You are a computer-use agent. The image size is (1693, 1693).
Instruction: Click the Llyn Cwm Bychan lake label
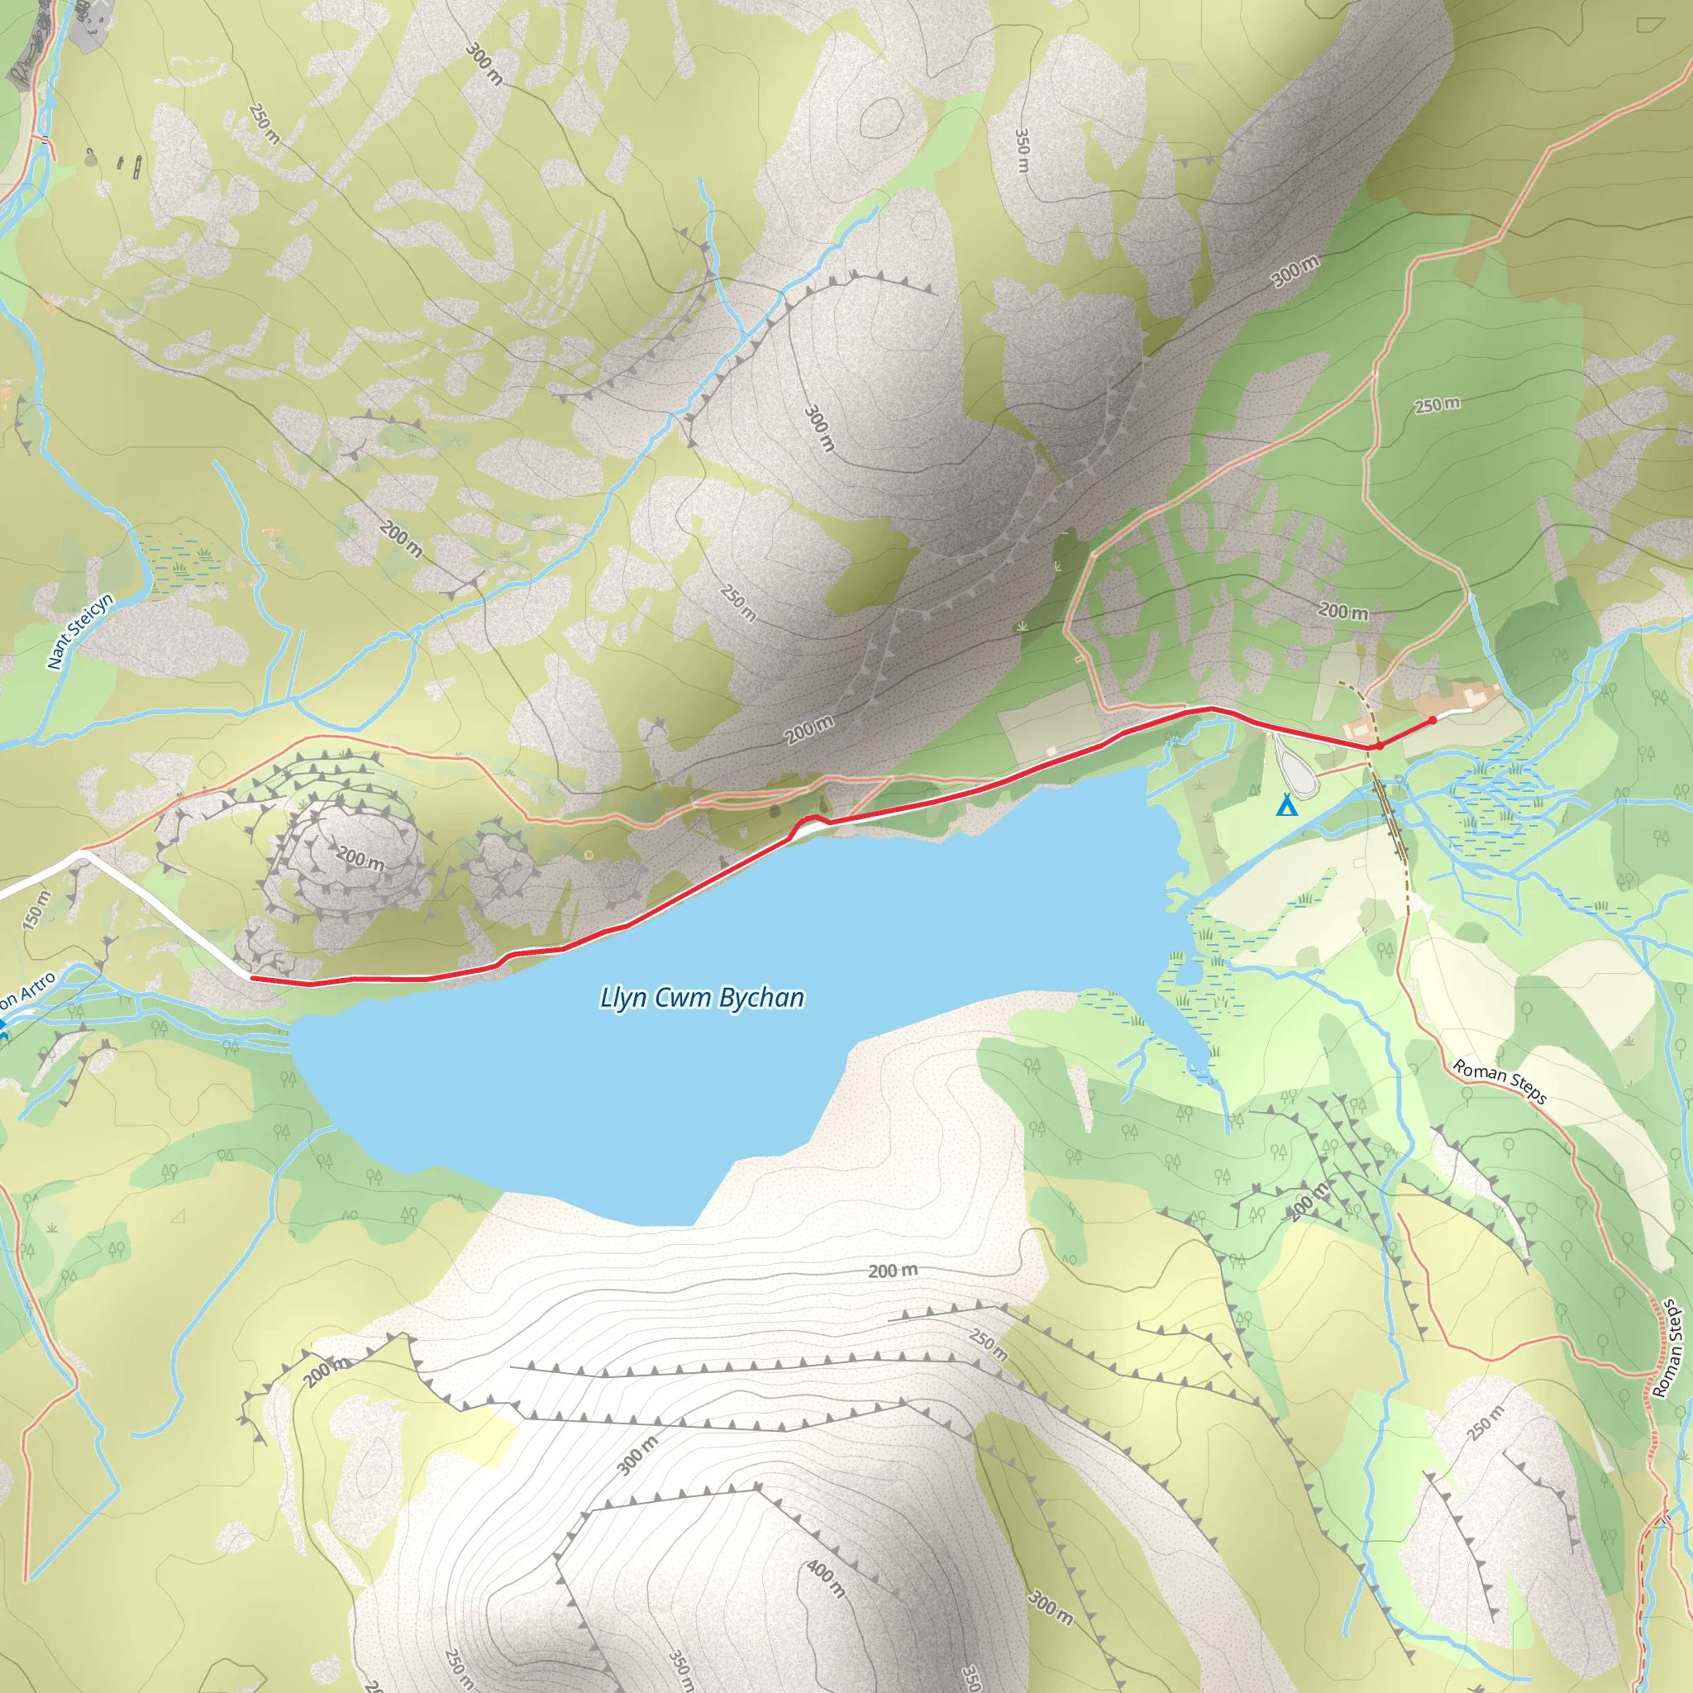click(702, 997)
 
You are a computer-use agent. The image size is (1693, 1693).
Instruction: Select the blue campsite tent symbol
click(1285, 805)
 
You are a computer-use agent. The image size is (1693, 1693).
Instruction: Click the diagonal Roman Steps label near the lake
click(1500, 1080)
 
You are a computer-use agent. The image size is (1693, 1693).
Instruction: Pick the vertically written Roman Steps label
click(1667, 1348)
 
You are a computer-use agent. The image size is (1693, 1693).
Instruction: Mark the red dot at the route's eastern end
click(1433, 720)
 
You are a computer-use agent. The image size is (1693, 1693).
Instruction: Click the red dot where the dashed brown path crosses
click(1378, 746)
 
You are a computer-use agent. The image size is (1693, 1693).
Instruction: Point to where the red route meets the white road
click(251, 977)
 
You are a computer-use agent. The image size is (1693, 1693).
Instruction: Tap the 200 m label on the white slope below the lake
click(893, 1270)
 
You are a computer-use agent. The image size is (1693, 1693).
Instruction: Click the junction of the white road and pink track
click(81, 851)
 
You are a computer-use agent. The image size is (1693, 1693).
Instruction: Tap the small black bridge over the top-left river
click(41, 138)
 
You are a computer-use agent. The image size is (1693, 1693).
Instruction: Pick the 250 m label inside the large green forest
click(1437, 405)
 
